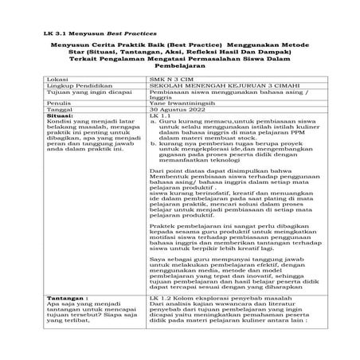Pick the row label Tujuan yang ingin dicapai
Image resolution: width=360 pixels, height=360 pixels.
click(x=86, y=116)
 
